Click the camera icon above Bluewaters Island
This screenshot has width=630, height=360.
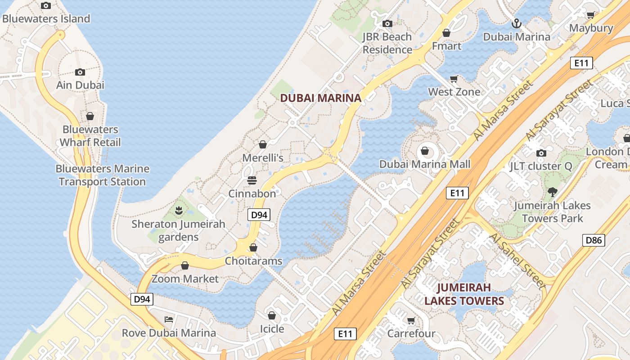(x=45, y=6)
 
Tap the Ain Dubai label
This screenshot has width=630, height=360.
(x=80, y=85)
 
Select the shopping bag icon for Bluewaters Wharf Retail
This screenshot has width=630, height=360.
(x=90, y=116)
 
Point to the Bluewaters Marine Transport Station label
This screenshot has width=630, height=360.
(x=103, y=175)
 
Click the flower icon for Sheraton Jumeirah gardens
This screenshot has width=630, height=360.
(x=179, y=210)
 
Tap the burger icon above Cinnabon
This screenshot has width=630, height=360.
(x=252, y=180)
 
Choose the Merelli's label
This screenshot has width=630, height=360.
(x=263, y=158)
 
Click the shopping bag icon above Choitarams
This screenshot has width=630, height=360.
(x=253, y=247)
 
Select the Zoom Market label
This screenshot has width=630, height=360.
(x=185, y=279)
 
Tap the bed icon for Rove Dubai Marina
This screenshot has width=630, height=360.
(x=169, y=319)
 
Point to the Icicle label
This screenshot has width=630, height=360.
(x=272, y=329)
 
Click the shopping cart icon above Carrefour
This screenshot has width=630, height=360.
(x=411, y=321)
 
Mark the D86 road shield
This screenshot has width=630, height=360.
(x=594, y=240)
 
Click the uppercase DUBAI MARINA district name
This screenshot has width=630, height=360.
(x=320, y=98)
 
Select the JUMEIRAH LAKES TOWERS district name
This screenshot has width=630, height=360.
(x=464, y=294)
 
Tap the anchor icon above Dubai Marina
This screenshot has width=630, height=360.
(x=517, y=23)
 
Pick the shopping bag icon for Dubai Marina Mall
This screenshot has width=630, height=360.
(x=424, y=151)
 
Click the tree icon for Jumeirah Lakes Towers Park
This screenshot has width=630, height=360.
(x=552, y=192)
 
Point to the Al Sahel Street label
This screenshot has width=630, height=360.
(x=517, y=260)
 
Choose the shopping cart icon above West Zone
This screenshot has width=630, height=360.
(x=454, y=79)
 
